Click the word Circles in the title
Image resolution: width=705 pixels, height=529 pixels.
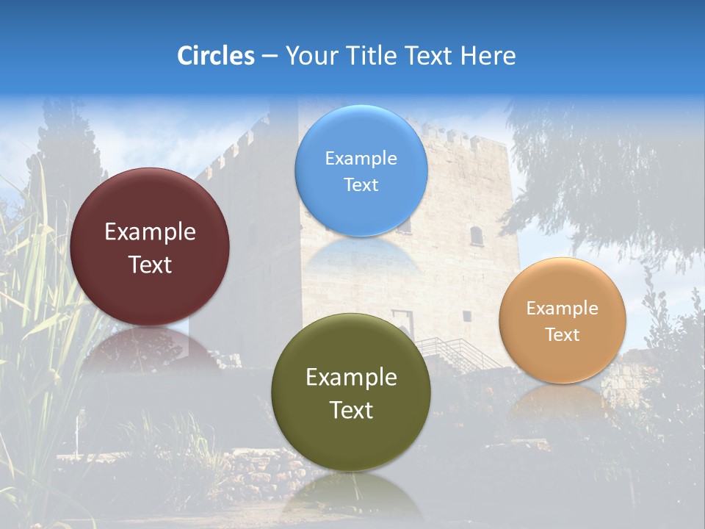[x=215, y=56]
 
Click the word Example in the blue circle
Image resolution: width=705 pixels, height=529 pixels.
[x=361, y=159]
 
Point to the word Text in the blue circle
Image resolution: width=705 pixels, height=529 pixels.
[x=361, y=185]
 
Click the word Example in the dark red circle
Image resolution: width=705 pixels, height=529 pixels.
[x=150, y=232]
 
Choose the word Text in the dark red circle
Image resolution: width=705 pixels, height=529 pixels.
[x=150, y=265]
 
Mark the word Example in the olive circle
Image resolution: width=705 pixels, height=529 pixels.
[x=351, y=378]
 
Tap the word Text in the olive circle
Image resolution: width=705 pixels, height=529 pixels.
[x=351, y=410]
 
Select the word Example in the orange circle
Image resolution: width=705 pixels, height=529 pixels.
[x=563, y=309]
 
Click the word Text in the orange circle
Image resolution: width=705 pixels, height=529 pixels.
[x=563, y=335]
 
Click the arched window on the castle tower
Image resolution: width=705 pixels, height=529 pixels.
[x=477, y=236]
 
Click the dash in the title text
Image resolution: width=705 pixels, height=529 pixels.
[x=270, y=57]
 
